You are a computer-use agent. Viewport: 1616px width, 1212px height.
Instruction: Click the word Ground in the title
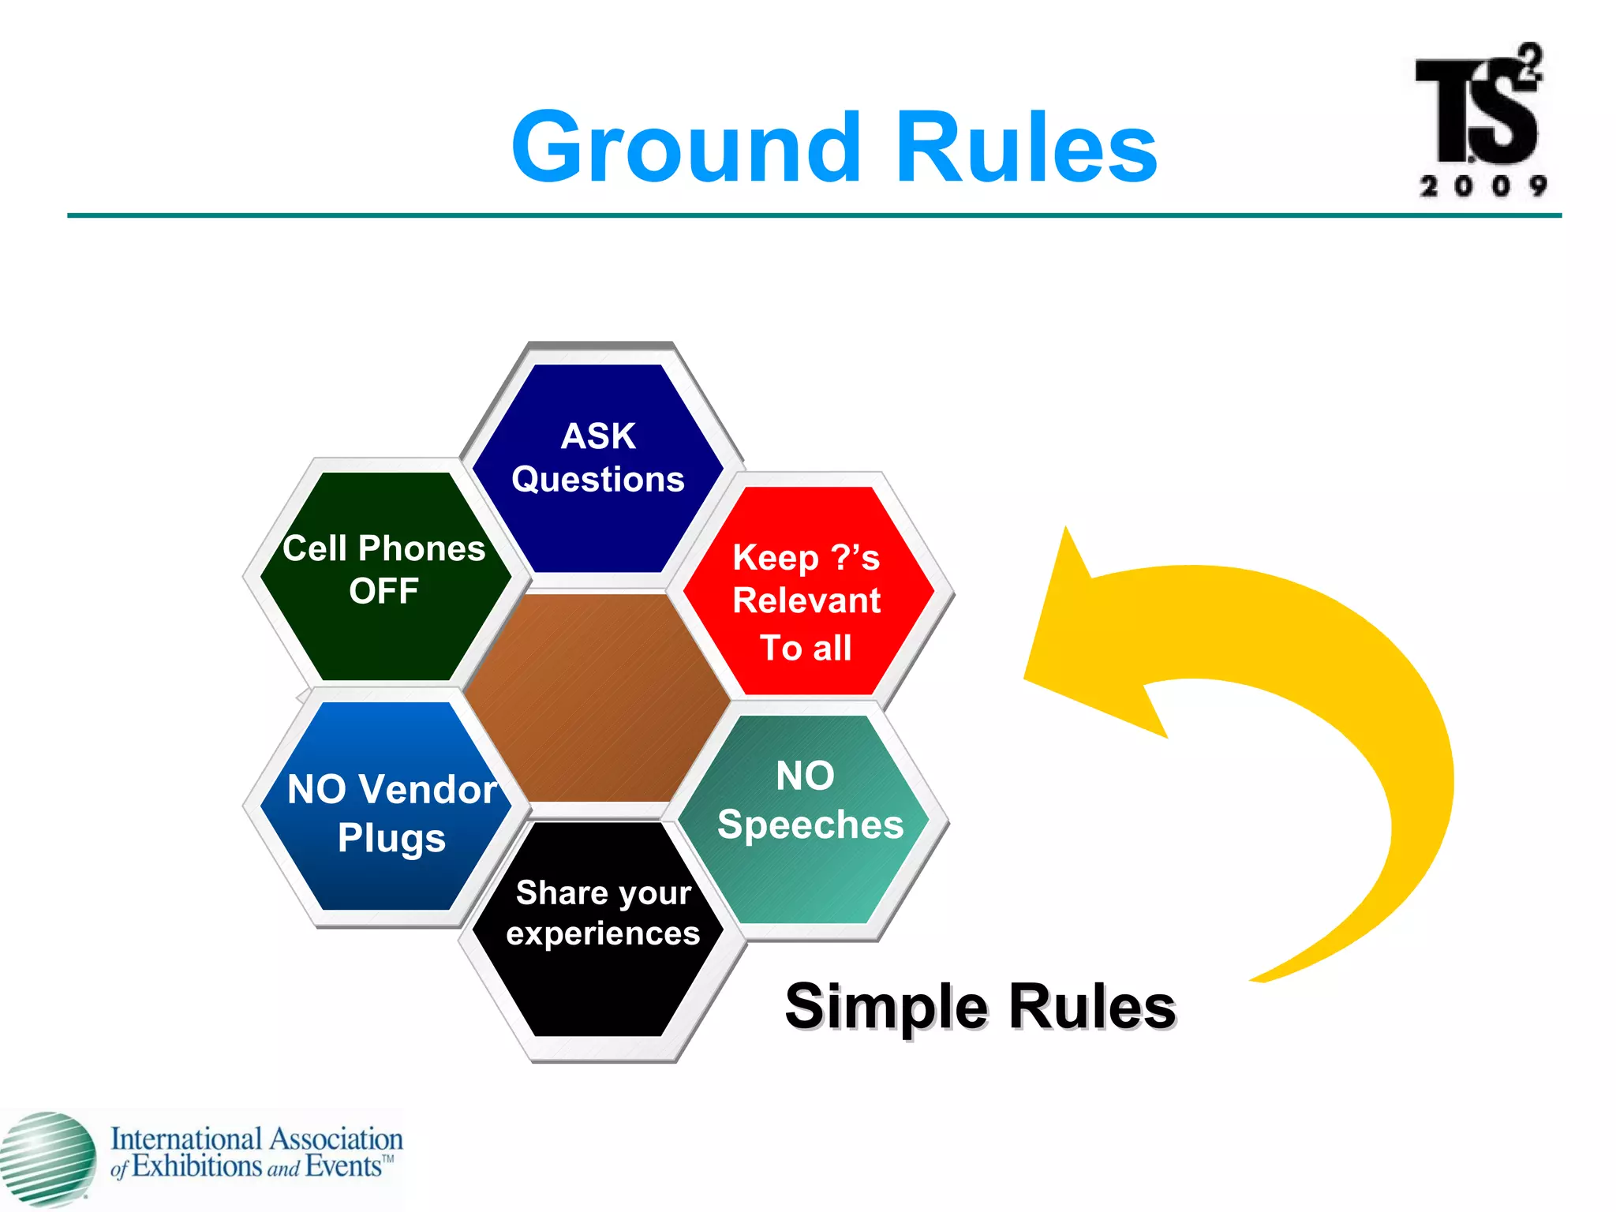pos(686,148)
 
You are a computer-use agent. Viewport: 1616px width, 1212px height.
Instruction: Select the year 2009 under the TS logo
pos(1483,186)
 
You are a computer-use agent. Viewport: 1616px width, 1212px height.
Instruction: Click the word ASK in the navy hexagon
pos(598,436)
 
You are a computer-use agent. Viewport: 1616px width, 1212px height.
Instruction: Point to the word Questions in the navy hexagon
pos(598,480)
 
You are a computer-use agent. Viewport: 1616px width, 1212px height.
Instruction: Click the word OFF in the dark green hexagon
pos(383,591)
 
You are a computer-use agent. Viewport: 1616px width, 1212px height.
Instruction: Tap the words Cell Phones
pos(383,548)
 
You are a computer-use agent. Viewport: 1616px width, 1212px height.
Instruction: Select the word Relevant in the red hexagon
pos(806,600)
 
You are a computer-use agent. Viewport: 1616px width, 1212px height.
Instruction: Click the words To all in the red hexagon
pos(806,648)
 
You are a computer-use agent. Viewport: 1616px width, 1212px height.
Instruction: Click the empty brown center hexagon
pos(597,698)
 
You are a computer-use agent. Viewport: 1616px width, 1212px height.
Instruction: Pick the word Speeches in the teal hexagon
pos(810,825)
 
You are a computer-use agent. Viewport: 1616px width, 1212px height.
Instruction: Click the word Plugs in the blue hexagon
pos(391,838)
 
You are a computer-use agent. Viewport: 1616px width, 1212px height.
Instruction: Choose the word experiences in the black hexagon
pos(603,934)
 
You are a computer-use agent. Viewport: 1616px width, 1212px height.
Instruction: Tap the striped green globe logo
pos(47,1158)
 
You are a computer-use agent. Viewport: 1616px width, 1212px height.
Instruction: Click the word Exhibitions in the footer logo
pos(197,1166)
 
